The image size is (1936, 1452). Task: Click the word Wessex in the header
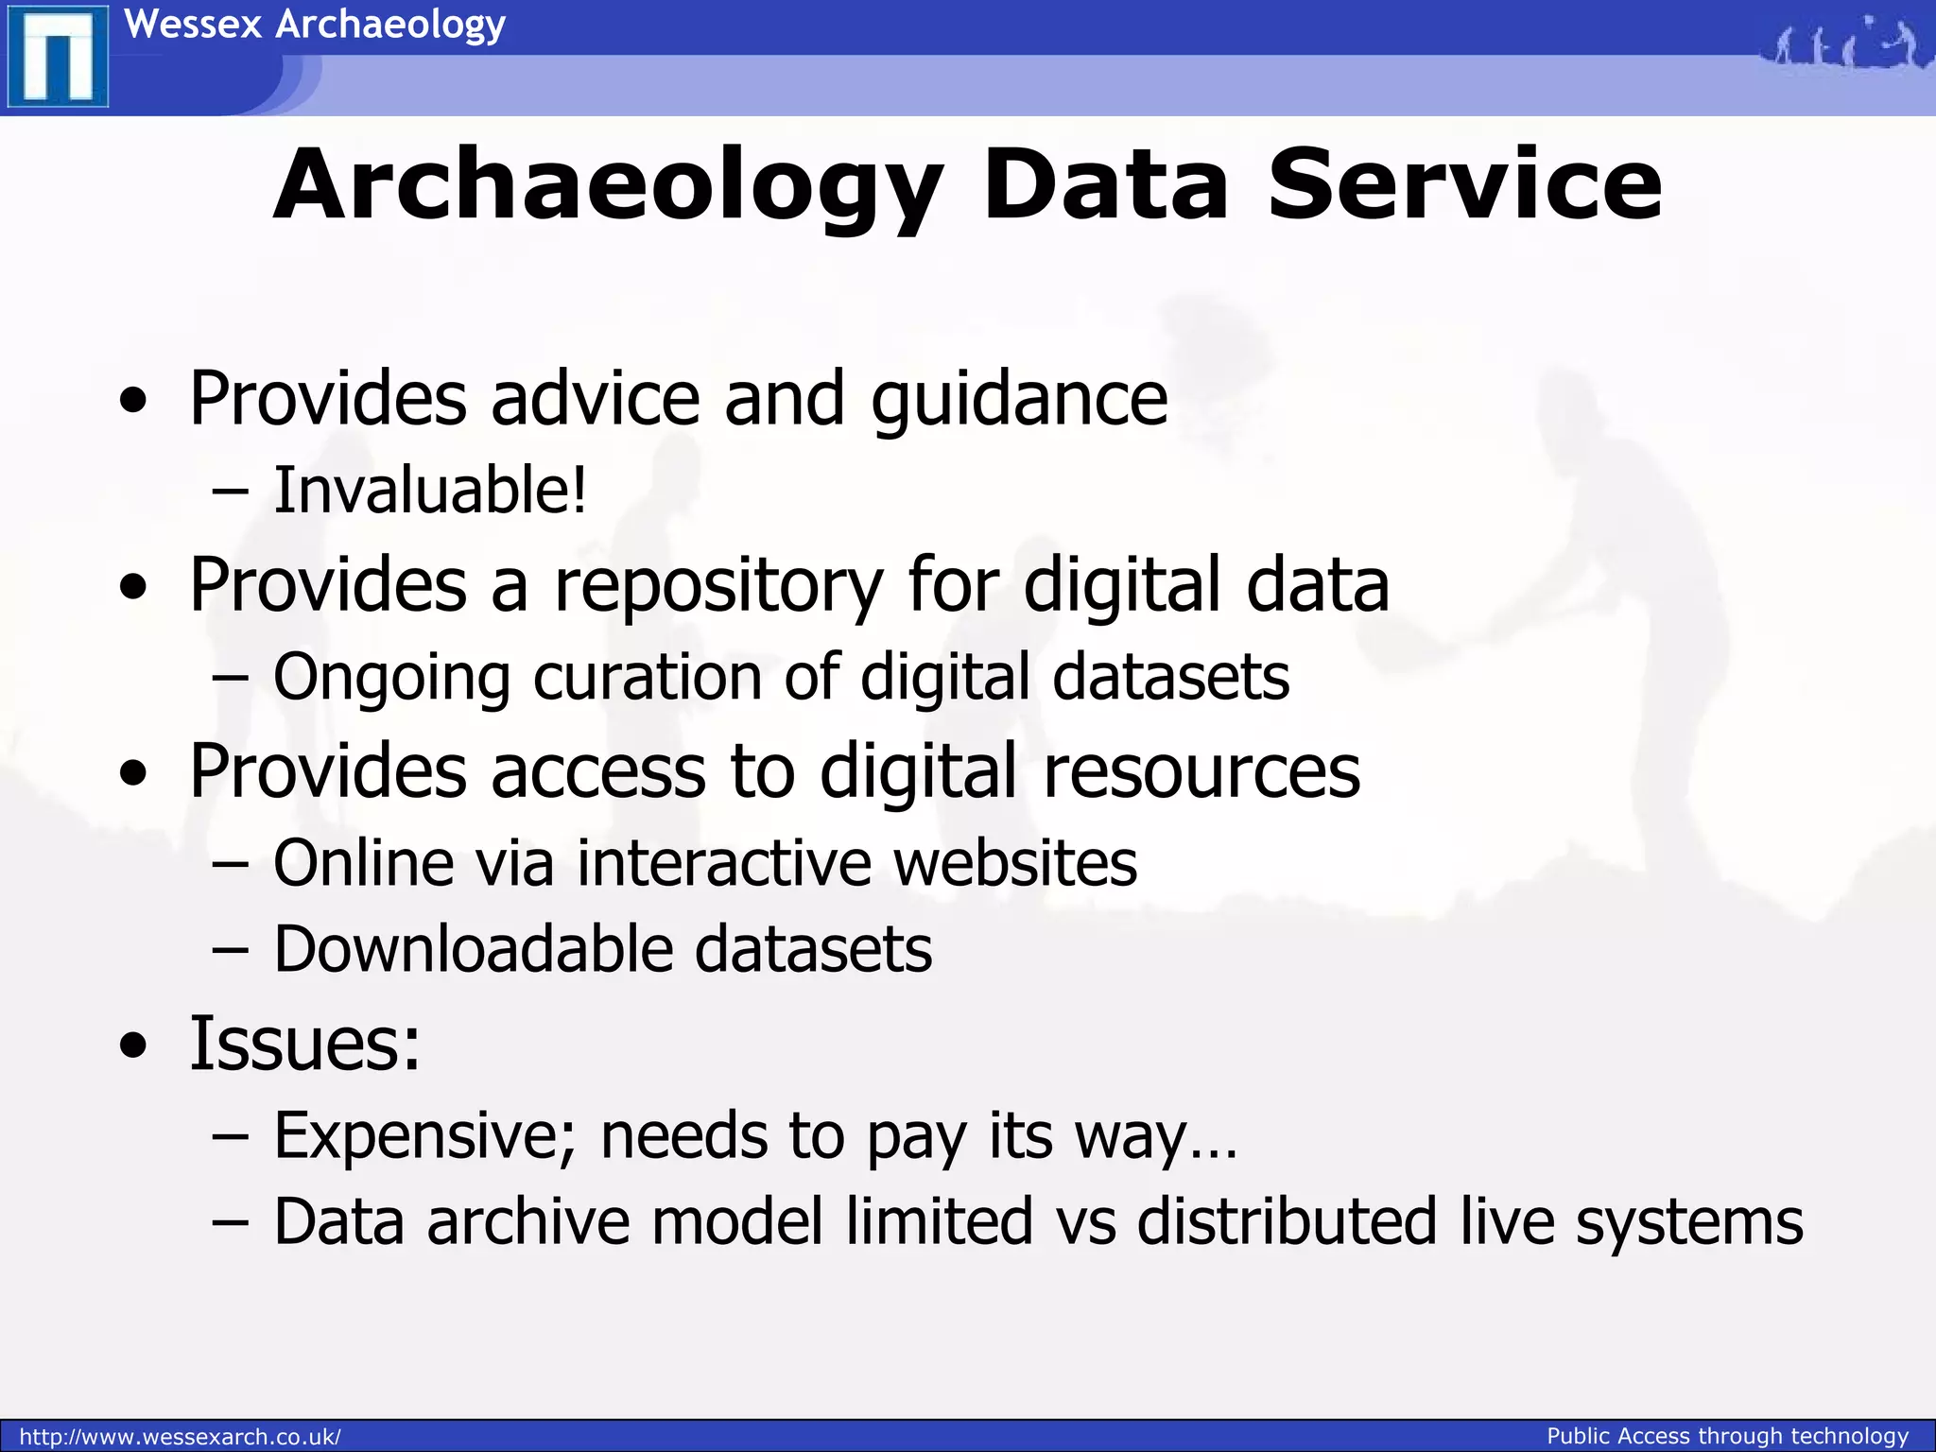[x=193, y=24]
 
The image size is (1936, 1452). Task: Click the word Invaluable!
[x=430, y=491]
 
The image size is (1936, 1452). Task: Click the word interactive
[x=724, y=863]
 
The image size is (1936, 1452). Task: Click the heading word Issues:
[x=304, y=1044]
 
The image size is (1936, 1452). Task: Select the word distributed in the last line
[x=1287, y=1221]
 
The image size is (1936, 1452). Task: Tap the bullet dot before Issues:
[x=134, y=1046]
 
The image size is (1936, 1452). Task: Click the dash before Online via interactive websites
[x=231, y=863]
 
